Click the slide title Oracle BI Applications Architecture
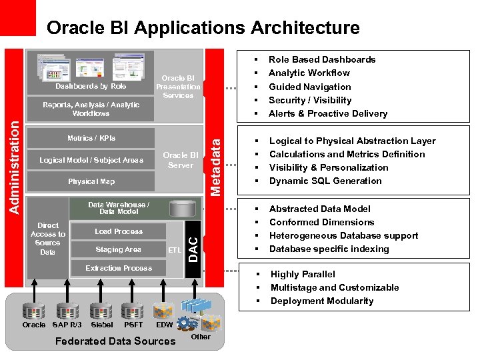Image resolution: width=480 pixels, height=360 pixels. (x=203, y=28)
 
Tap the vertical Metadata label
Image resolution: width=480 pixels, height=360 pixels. (x=215, y=163)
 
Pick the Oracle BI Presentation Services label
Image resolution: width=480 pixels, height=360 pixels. (x=178, y=87)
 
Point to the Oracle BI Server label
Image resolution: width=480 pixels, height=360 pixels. (x=180, y=160)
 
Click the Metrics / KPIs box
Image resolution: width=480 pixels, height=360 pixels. (x=91, y=139)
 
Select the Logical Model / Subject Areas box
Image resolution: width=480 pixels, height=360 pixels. (x=91, y=160)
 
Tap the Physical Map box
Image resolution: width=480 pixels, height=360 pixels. (x=91, y=181)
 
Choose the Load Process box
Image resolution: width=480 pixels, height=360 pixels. (x=118, y=231)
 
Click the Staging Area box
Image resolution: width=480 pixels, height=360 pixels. (x=118, y=249)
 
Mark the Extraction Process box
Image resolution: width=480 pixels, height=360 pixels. (x=118, y=268)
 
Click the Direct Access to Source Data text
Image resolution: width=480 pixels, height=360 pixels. (x=48, y=239)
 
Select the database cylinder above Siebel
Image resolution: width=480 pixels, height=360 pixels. (x=101, y=311)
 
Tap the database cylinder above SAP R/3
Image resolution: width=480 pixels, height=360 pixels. (x=67, y=311)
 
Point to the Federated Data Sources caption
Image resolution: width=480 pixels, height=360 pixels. (x=115, y=341)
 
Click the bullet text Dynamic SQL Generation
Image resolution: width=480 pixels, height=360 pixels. (x=325, y=181)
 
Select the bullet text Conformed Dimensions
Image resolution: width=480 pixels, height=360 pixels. (x=321, y=222)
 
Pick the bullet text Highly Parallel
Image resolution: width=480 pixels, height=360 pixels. (x=303, y=274)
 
